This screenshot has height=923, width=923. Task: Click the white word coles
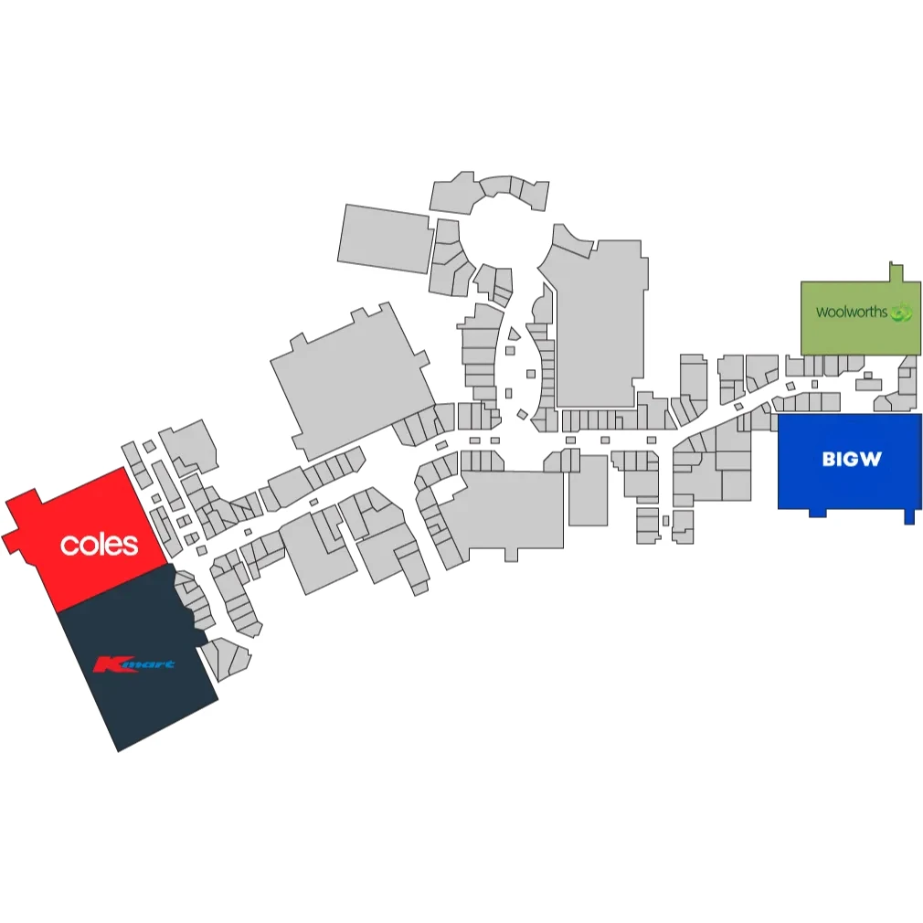pyautogui.click(x=100, y=545)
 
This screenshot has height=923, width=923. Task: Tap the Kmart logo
pyautogui.click(x=134, y=664)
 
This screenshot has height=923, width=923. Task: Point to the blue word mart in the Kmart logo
pyautogui.click(x=148, y=664)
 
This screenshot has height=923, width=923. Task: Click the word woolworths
pyautogui.click(x=851, y=312)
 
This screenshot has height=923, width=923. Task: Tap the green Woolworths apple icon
pyautogui.click(x=901, y=312)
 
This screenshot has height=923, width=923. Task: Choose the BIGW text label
pyautogui.click(x=852, y=459)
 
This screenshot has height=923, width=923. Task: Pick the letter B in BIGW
pyautogui.click(x=829, y=459)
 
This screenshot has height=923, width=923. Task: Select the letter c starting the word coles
pyautogui.click(x=68, y=546)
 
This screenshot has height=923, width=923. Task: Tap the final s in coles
pyautogui.click(x=132, y=546)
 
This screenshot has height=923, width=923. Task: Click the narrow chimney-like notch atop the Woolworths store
pyautogui.click(x=896, y=272)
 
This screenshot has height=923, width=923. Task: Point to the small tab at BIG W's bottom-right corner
pyautogui.click(x=909, y=516)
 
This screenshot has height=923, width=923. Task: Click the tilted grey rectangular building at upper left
pyautogui.click(x=385, y=239)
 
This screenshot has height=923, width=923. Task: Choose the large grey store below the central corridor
pyautogui.click(x=505, y=511)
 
